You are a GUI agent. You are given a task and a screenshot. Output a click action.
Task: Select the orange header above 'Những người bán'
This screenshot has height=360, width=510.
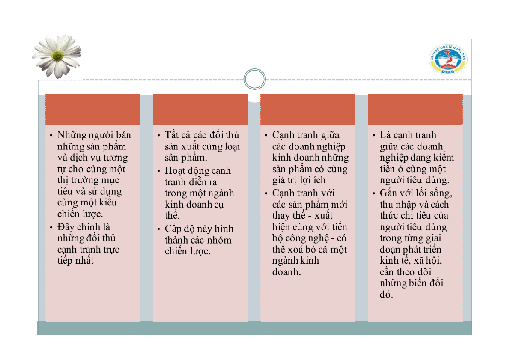tap(93, 109)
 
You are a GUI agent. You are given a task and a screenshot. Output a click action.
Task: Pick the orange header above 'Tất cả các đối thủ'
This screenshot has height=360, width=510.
tap(200, 109)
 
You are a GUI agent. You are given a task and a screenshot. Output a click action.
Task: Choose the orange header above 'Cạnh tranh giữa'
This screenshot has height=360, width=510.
tap(308, 109)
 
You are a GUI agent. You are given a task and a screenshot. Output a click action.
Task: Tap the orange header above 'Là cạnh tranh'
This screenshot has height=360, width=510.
tap(415, 109)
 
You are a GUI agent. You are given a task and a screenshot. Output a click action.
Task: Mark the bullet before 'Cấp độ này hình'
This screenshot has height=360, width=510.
tap(158, 229)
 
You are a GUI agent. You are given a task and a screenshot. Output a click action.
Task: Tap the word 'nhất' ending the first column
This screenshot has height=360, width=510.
tap(84, 260)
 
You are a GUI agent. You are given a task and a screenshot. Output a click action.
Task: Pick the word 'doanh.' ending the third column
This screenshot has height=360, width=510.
tap(287, 272)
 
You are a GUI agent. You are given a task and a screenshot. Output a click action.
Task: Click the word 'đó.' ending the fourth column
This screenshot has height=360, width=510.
tap(386, 295)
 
